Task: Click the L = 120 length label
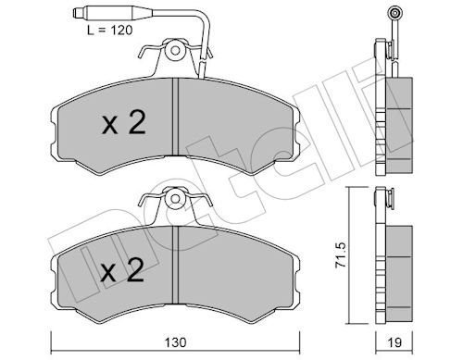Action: [109, 30]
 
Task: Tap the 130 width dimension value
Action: [175, 342]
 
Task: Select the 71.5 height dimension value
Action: [341, 254]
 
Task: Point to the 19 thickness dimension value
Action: [394, 342]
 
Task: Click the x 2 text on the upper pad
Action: [124, 123]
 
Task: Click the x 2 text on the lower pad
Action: [122, 270]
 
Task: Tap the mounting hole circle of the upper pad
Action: [175, 50]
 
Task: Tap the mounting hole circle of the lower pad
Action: [175, 198]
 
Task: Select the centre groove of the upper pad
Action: [175, 117]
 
